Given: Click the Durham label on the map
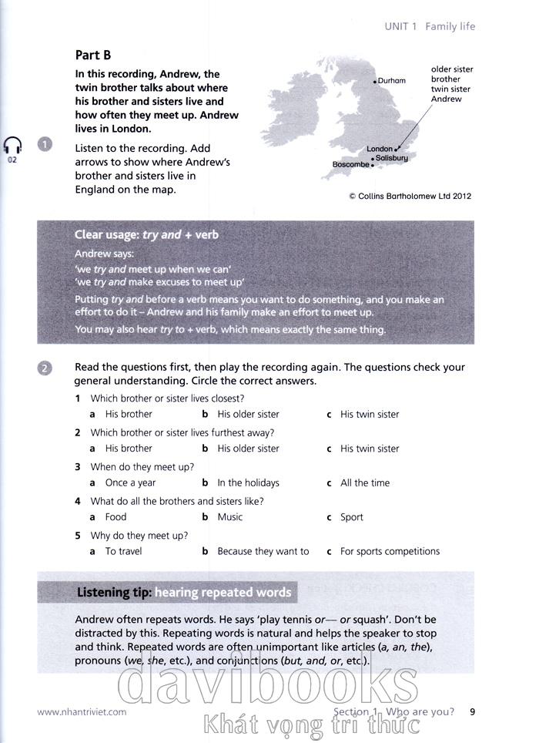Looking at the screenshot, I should [391, 81].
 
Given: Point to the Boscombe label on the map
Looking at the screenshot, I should [351, 164].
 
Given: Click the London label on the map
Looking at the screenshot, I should [380, 149].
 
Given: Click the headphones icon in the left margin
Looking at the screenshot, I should [12, 146].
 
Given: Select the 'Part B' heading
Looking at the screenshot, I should [93, 55].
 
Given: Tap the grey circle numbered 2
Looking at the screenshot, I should [45, 368].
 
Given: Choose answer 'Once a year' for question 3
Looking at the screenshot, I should [130, 482].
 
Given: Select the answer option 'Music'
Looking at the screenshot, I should [229, 517].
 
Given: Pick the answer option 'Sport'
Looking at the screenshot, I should [351, 517].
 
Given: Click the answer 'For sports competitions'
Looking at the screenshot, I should [390, 551].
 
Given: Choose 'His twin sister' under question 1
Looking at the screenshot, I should [370, 414].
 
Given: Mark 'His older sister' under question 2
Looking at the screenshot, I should [248, 449].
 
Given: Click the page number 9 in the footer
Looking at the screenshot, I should [473, 711].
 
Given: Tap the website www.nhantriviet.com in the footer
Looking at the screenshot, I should [82, 712].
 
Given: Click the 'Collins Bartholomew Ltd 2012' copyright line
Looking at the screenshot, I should [410, 196].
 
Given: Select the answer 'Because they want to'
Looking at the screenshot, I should [263, 551].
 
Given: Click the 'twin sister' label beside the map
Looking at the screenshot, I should [450, 89].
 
